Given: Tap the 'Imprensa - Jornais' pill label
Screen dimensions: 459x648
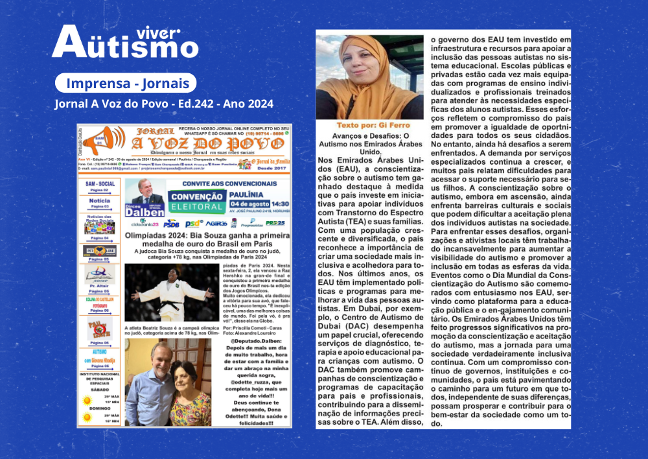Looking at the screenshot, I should click(x=123, y=84).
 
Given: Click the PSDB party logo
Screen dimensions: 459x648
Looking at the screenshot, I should click(x=172, y=224).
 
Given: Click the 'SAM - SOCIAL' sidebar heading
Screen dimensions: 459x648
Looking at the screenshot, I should click(x=100, y=183).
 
